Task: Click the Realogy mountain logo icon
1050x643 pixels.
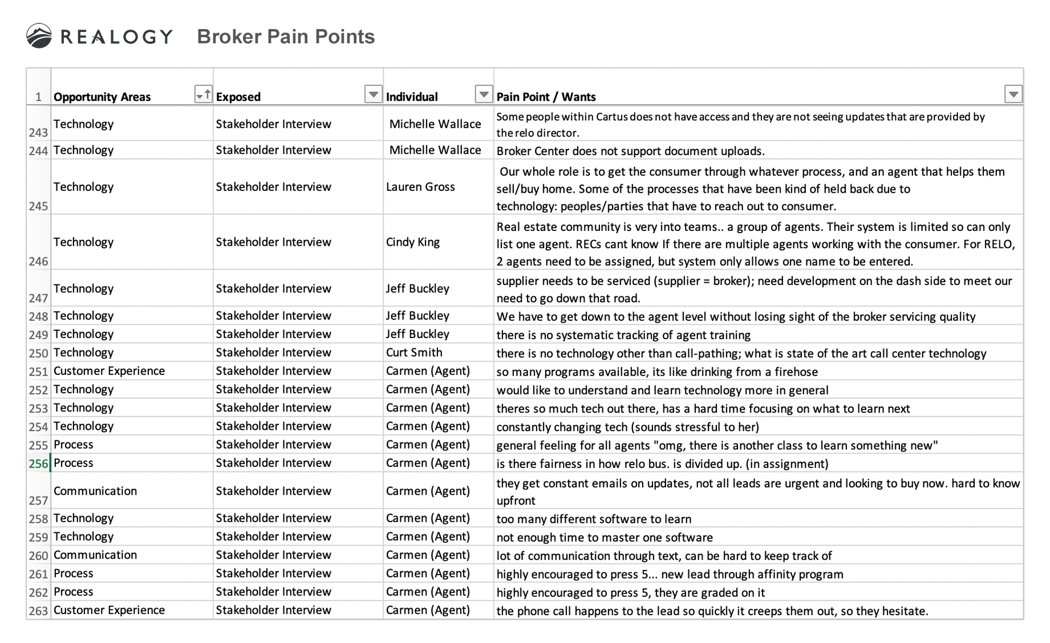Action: pyautogui.click(x=39, y=36)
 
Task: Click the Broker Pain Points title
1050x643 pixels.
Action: pyautogui.click(x=286, y=36)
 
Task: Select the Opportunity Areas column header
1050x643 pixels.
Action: pyautogui.click(x=102, y=97)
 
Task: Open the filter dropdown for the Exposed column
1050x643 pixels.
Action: pyautogui.click(x=373, y=94)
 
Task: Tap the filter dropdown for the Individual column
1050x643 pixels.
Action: pyautogui.click(x=484, y=94)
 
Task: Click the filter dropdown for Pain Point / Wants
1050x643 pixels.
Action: pyautogui.click(x=1013, y=94)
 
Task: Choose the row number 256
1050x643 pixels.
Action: pyautogui.click(x=38, y=463)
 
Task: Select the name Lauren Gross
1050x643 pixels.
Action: pyautogui.click(x=420, y=186)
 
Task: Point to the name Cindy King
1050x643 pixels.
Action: pyautogui.click(x=413, y=242)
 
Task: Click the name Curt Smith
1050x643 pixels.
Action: pyautogui.click(x=414, y=352)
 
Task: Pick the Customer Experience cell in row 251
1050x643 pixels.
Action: pyautogui.click(x=109, y=371)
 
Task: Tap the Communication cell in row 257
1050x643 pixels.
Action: pyautogui.click(x=95, y=491)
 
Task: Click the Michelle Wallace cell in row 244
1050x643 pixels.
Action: pyautogui.click(x=435, y=150)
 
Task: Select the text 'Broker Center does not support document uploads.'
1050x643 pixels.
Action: pyautogui.click(x=630, y=151)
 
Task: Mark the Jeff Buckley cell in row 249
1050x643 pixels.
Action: pyautogui.click(x=417, y=334)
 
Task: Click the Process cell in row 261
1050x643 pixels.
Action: pyautogui.click(x=74, y=573)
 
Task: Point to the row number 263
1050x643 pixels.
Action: pyautogui.click(x=38, y=611)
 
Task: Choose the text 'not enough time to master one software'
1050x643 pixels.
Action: pyautogui.click(x=605, y=538)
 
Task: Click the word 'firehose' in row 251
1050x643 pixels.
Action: pyautogui.click(x=796, y=372)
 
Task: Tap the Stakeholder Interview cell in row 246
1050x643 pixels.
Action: pyautogui.click(x=273, y=242)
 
